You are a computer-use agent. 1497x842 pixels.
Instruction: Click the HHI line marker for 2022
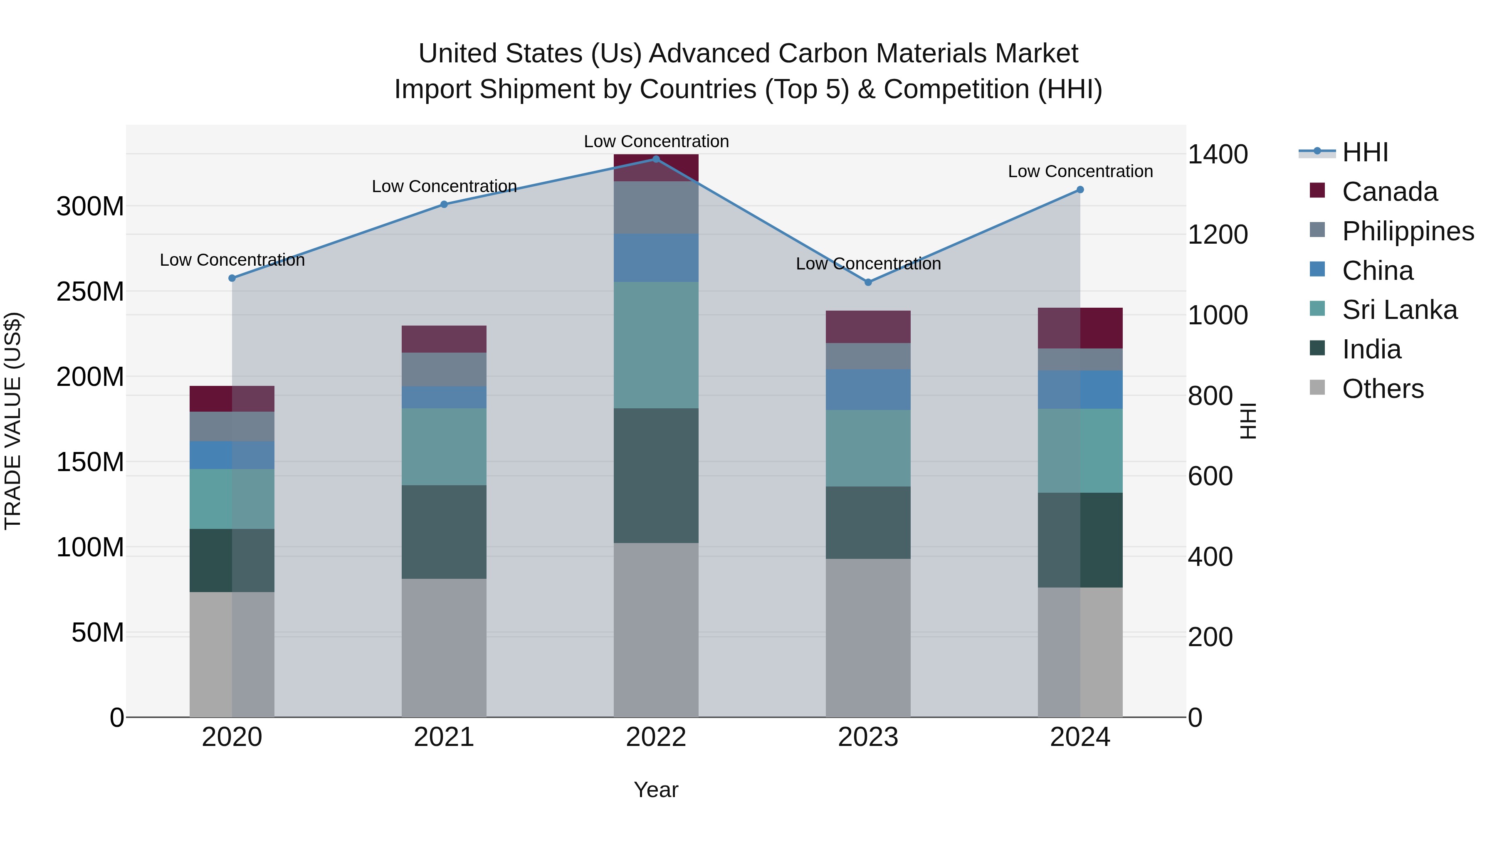656,159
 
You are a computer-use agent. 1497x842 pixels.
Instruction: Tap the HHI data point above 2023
868,282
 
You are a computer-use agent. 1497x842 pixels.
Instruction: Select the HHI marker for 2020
232,278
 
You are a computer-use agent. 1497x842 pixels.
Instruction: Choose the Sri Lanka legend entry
1399,310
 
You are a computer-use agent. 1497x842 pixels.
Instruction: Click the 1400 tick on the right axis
1218,155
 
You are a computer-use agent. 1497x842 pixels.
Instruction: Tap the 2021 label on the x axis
444,737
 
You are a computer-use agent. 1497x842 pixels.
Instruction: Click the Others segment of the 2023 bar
868,637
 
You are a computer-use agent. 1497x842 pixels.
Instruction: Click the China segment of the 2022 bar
656,258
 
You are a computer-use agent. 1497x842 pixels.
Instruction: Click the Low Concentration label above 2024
1080,171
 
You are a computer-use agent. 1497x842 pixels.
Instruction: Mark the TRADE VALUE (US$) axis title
13,421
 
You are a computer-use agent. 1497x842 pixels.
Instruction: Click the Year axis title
656,790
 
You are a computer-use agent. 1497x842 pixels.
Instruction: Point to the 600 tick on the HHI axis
1210,477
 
